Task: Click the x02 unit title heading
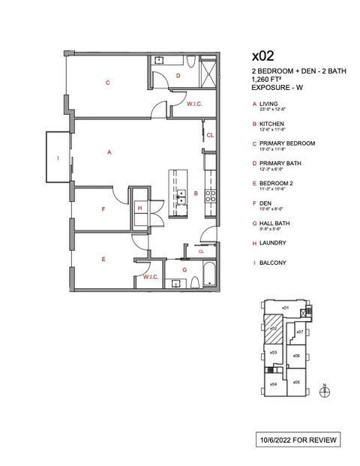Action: point(263,56)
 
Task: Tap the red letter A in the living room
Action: point(109,152)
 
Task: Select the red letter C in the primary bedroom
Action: point(108,83)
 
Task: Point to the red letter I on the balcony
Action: point(58,158)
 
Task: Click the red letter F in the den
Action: point(103,210)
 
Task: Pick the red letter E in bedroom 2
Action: point(103,259)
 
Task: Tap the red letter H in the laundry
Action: point(139,208)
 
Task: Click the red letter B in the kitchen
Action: point(196,193)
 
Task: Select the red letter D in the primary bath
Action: point(178,76)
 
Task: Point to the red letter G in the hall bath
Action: point(184,269)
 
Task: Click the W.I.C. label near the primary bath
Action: point(194,104)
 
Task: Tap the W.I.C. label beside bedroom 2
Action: point(150,277)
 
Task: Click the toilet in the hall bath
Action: point(193,281)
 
